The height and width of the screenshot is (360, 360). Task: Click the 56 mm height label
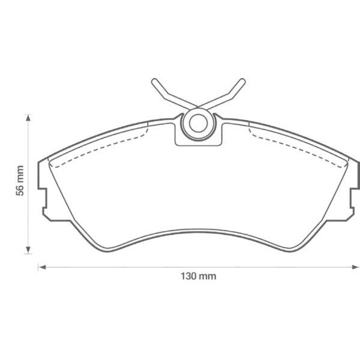(20, 181)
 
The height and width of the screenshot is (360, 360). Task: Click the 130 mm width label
(198, 277)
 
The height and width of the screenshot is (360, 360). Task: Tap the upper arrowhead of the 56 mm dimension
(28, 117)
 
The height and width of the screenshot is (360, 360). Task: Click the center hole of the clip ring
(197, 124)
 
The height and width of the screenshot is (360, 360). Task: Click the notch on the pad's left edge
(43, 197)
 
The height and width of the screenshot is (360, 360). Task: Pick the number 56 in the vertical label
(20, 190)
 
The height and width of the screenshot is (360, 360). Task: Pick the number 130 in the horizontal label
(188, 277)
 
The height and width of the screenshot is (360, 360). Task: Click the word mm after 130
(208, 277)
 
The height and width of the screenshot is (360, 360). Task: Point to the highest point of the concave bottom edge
(198, 229)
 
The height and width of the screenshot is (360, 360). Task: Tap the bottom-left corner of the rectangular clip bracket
(175, 145)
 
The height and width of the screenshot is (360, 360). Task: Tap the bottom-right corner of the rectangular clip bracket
(220, 145)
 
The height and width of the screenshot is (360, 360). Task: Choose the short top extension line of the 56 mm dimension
(28, 113)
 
